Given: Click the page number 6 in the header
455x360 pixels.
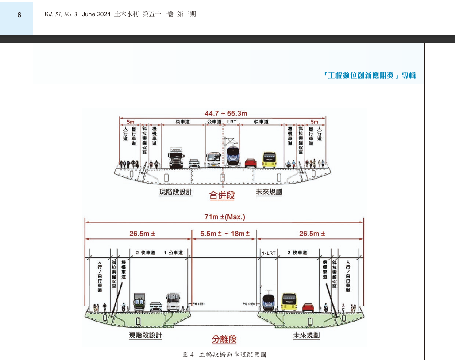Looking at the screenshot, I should (19, 15).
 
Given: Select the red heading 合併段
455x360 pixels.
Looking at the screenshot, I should (222, 195).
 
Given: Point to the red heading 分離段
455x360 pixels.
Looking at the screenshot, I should (224, 339).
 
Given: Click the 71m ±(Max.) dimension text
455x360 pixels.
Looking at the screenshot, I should (225, 217).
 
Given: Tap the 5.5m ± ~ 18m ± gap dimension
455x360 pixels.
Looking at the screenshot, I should (225, 234).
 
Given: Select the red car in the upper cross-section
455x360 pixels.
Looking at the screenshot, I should (251, 163).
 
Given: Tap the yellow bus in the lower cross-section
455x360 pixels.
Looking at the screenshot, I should (289, 302).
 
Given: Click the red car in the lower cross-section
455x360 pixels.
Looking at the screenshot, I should (308, 306).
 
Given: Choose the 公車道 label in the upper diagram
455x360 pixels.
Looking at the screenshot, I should (214, 122).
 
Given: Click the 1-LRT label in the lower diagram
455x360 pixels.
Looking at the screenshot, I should (269, 253).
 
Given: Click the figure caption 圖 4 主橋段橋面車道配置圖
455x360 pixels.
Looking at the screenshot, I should (224, 354).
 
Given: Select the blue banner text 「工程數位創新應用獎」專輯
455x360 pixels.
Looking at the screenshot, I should (369, 75).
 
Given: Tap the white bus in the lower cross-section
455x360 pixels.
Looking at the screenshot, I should (174, 302).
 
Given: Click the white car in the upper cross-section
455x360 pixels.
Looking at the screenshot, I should (194, 163).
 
